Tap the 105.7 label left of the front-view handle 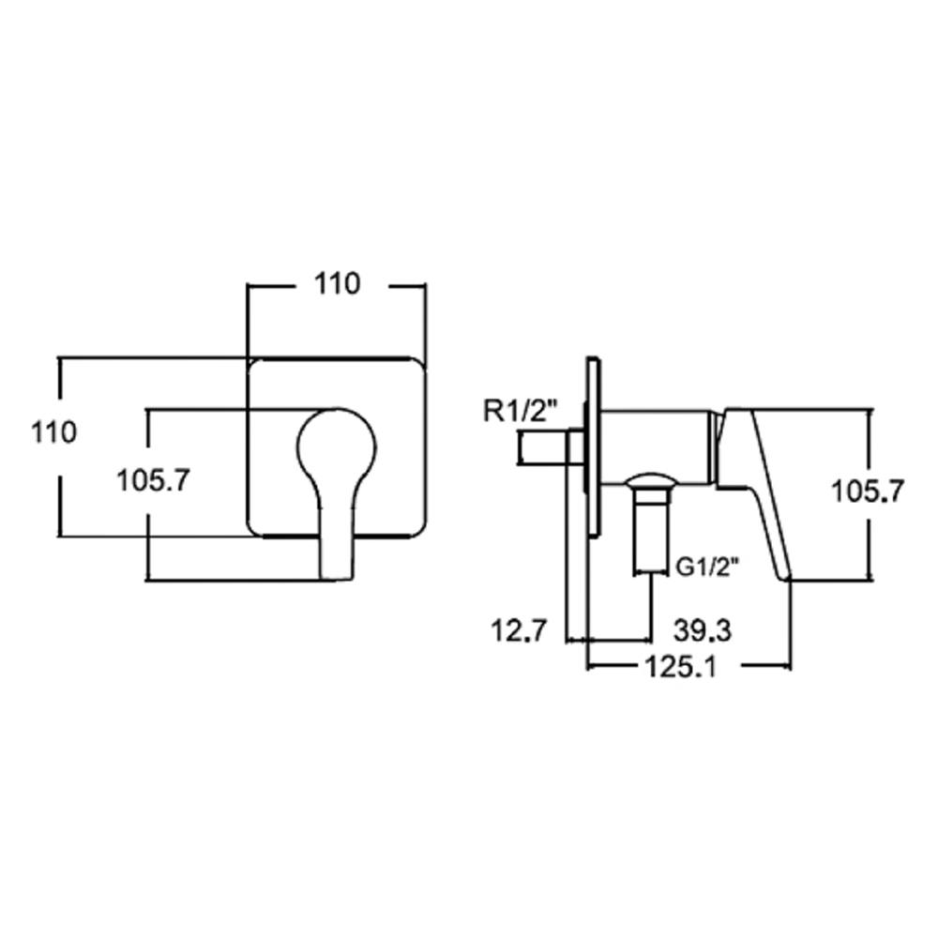154,482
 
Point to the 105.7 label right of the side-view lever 868,490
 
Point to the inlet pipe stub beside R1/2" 542,446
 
